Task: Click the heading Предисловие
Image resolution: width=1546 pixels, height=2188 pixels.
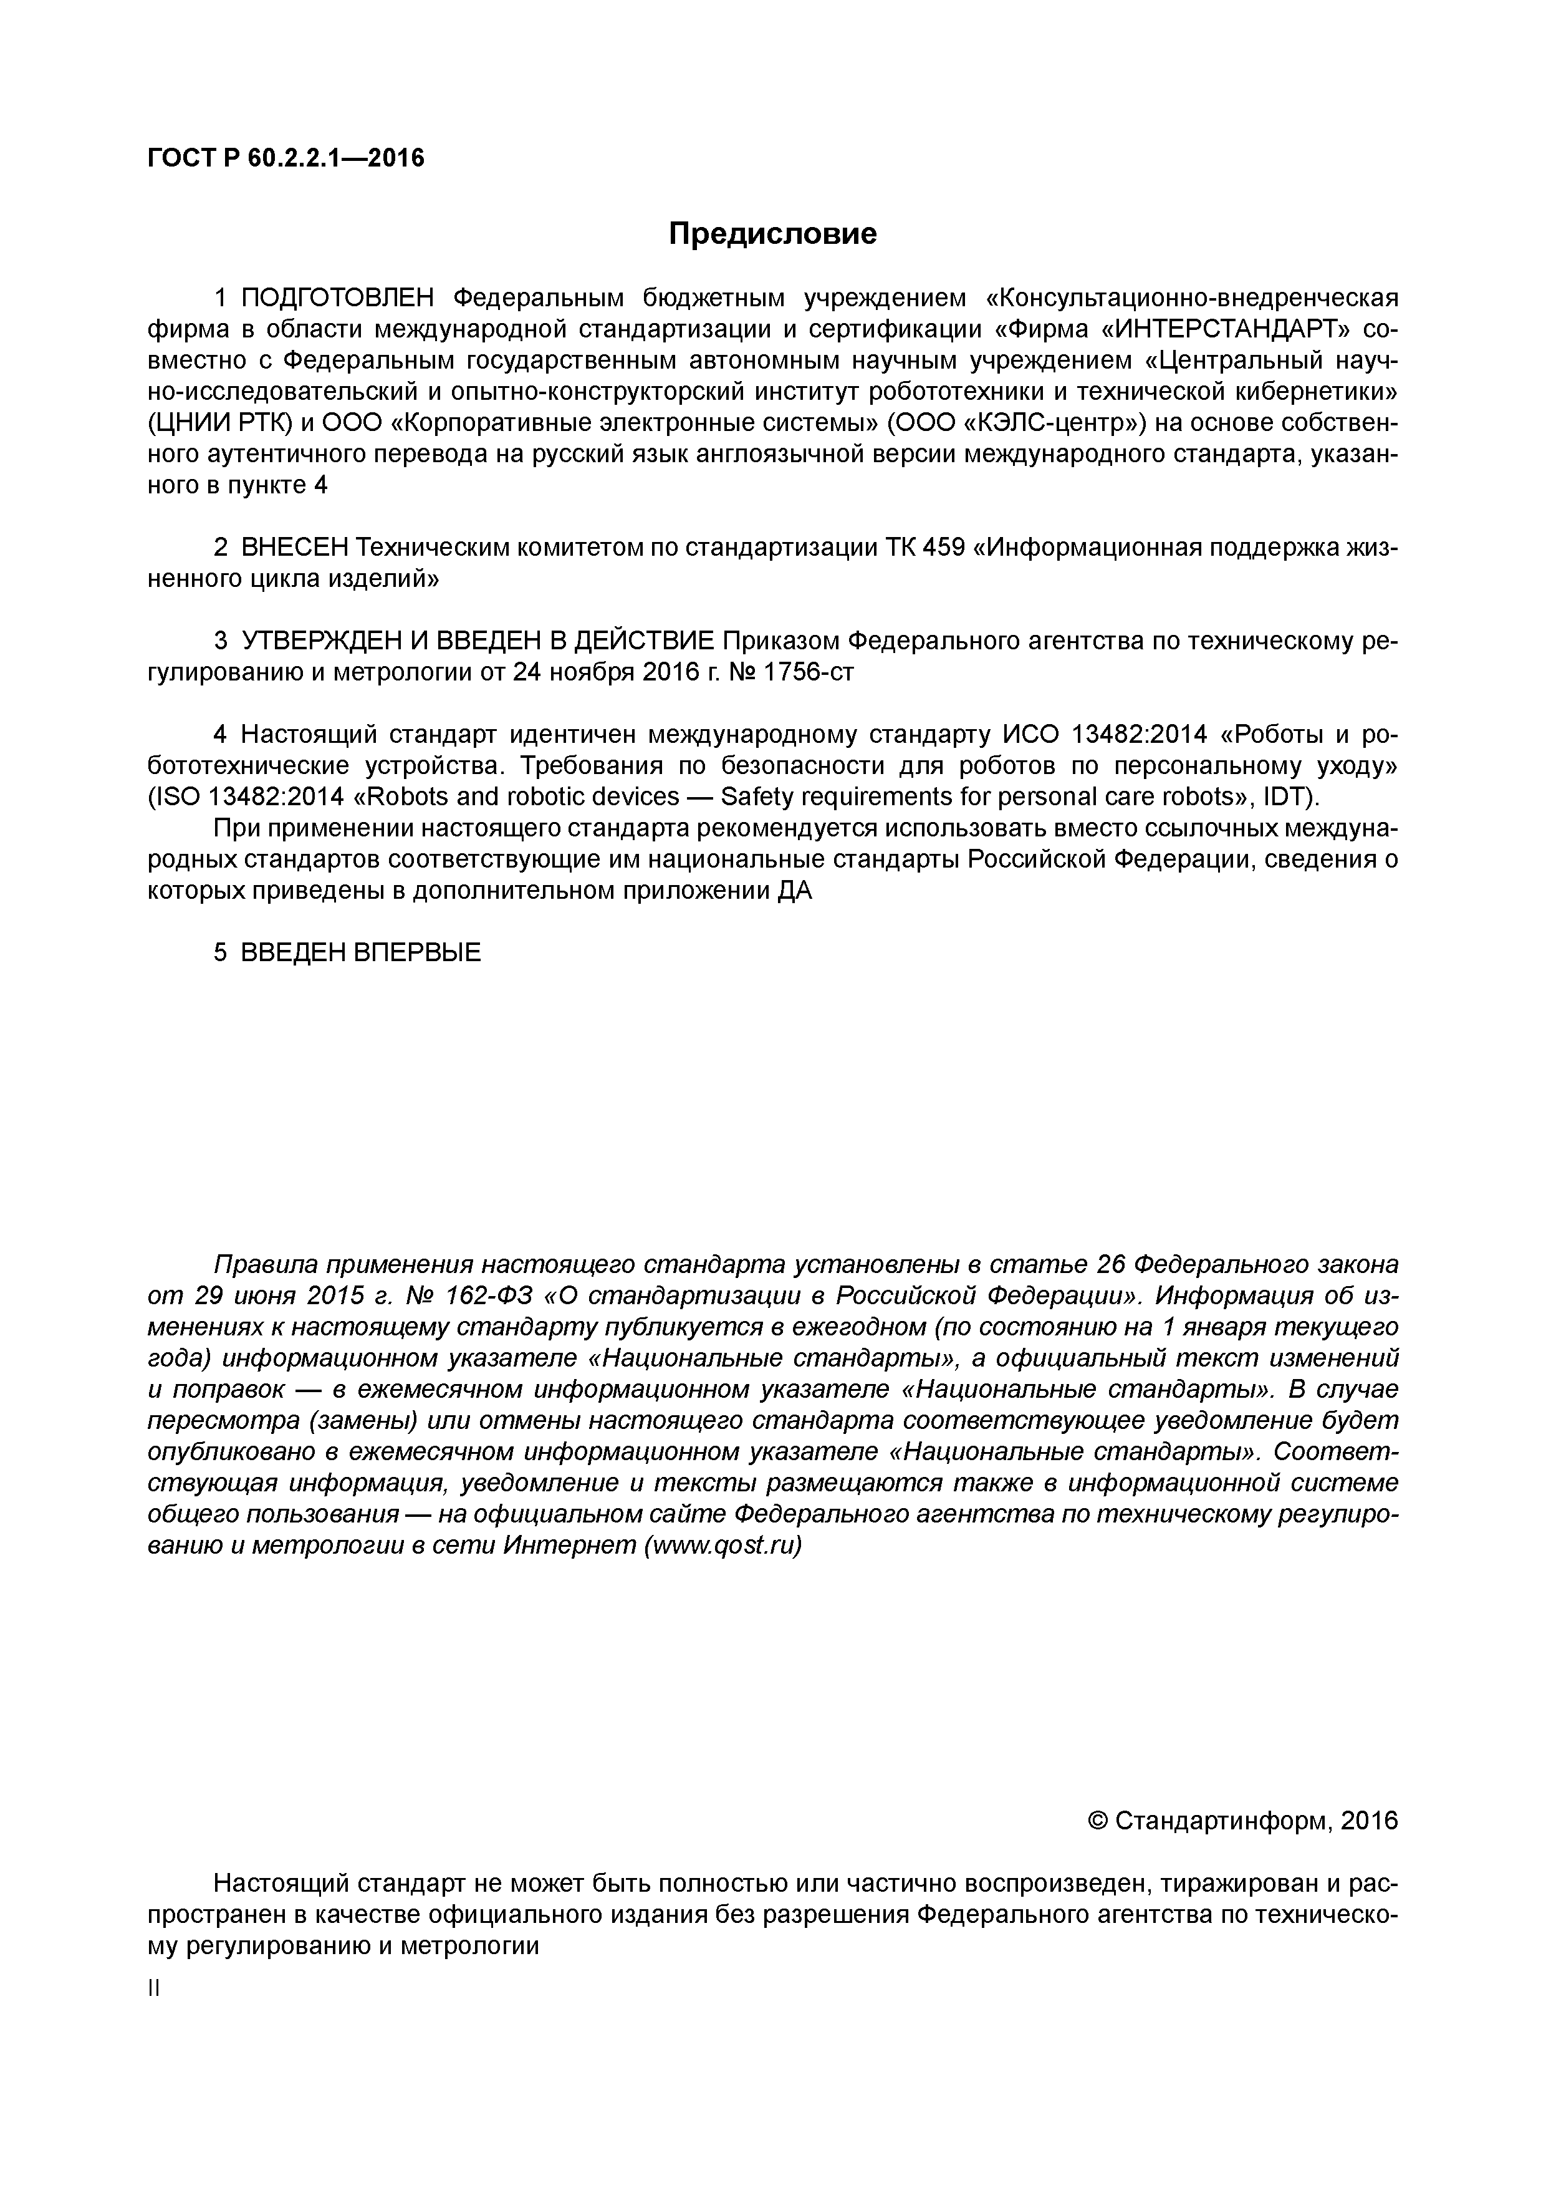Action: pyautogui.click(x=772, y=233)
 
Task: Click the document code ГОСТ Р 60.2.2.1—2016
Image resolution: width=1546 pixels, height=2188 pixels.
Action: pyautogui.click(x=286, y=157)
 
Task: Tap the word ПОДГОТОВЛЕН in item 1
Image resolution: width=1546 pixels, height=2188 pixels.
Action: pyautogui.click(x=337, y=298)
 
